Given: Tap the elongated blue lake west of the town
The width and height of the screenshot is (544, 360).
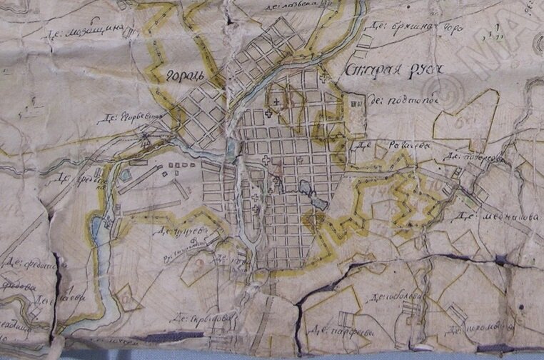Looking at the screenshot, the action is pos(97,227).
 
